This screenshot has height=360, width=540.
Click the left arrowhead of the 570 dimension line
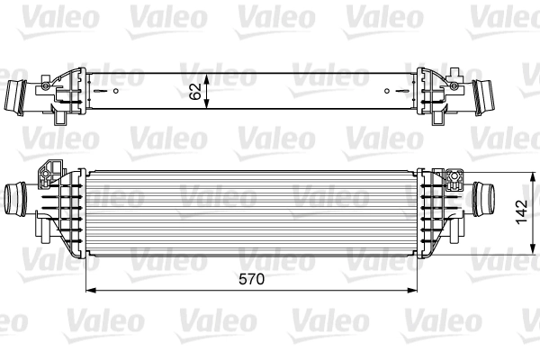point(89,291)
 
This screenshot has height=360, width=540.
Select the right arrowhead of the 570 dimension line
point(416,291)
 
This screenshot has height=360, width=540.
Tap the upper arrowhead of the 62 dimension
point(208,74)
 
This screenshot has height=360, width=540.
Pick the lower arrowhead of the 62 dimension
point(208,108)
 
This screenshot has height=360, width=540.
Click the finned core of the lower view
point(252,207)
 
